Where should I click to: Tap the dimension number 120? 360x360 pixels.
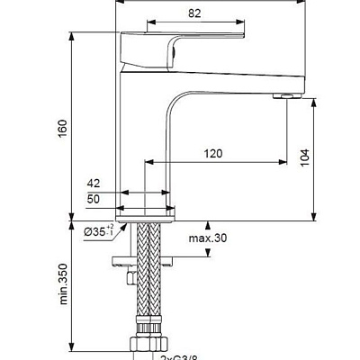point(212,154)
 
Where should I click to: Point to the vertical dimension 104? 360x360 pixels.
point(305,157)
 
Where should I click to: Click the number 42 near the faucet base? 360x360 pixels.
point(94,183)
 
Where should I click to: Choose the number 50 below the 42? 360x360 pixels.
point(94,198)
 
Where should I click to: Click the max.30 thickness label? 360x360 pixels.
point(207,238)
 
